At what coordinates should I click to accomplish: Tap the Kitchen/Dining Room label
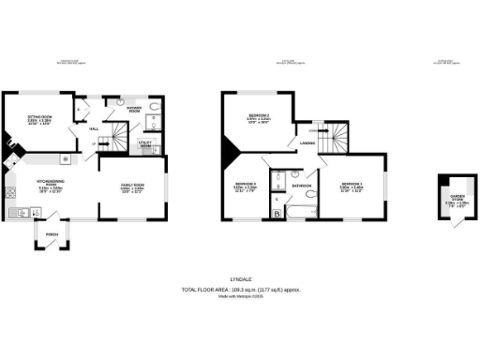(51, 185)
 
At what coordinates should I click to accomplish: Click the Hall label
(94, 129)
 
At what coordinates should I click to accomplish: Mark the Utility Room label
(145, 146)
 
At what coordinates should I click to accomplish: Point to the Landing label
(307, 142)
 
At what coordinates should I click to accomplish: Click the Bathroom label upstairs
(301, 186)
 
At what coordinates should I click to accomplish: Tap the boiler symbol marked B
(277, 214)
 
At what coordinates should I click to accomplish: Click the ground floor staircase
(114, 141)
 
